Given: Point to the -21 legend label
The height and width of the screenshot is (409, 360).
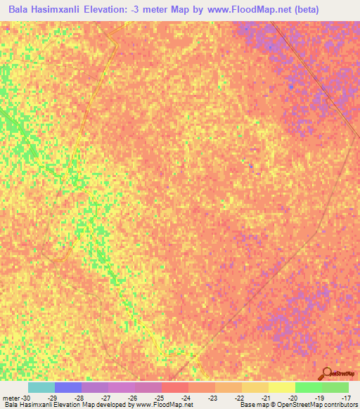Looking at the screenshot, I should pos(266,397).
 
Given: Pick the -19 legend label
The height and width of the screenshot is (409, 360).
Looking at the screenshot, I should pos(319,397).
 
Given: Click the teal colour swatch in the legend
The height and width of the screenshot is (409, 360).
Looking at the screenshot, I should pos(41,387).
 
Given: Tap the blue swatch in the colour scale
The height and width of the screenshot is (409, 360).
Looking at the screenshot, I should pos(68,387).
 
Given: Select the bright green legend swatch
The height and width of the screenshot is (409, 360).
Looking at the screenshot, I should pos(308,387).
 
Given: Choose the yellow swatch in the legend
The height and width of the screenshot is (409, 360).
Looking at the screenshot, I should pos(281,387).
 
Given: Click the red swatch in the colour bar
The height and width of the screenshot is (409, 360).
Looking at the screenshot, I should pos(175,387).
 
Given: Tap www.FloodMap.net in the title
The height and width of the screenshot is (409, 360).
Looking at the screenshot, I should pos(239,10).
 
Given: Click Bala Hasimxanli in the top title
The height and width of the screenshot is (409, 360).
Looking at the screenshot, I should pos(44,10).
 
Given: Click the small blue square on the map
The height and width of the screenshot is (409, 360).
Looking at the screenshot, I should pos(251,166).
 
